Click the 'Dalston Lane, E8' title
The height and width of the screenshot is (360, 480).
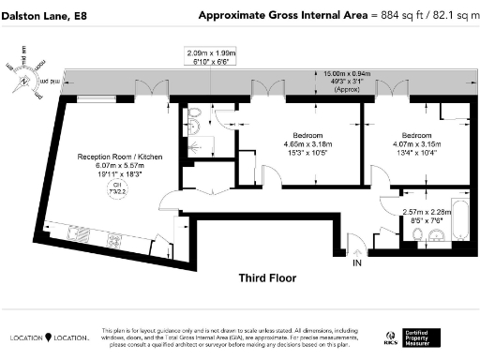click(x=43, y=16)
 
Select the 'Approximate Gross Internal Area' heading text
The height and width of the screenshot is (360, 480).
click(x=263, y=16)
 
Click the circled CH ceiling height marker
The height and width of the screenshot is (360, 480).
click(x=116, y=188)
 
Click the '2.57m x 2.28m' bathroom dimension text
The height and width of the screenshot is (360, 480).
click(x=423, y=212)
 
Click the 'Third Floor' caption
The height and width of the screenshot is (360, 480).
click(x=267, y=278)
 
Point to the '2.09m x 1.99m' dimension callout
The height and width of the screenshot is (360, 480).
click(x=212, y=54)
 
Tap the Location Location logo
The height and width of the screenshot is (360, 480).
click(x=49, y=337)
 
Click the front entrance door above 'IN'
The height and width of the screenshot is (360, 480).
click(x=356, y=247)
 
